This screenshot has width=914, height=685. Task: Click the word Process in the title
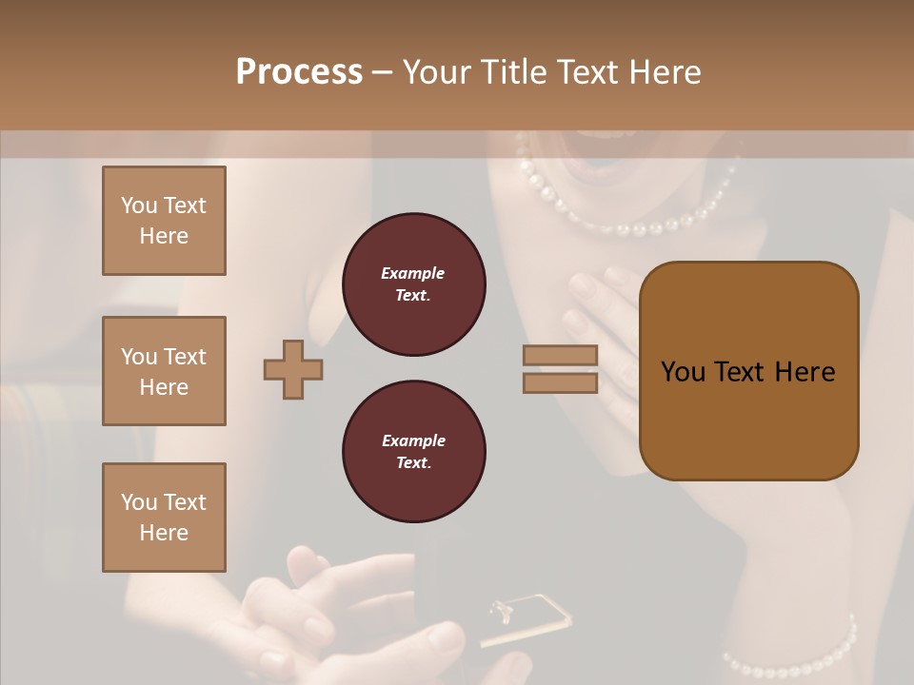pyautogui.click(x=299, y=72)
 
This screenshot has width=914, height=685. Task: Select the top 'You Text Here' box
pyautogui.click(x=164, y=221)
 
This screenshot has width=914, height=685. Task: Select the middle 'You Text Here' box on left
pyautogui.click(x=164, y=371)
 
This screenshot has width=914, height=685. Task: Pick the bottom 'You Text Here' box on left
pyautogui.click(x=164, y=517)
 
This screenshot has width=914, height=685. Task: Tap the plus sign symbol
pyautogui.click(x=293, y=370)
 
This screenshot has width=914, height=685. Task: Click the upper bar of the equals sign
pyautogui.click(x=561, y=355)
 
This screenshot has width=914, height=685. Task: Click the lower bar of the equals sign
pyautogui.click(x=561, y=382)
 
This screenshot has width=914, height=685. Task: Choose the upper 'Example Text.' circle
pyautogui.click(x=413, y=284)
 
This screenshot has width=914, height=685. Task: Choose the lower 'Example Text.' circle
pyautogui.click(x=413, y=452)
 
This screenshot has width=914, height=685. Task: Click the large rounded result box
pyautogui.click(x=748, y=370)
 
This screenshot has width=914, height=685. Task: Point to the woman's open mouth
pyautogui.click(x=595, y=152)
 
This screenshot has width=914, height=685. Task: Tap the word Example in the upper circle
pyautogui.click(x=413, y=273)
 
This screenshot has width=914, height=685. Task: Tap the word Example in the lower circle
pyautogui.click(x=413, y=440)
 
